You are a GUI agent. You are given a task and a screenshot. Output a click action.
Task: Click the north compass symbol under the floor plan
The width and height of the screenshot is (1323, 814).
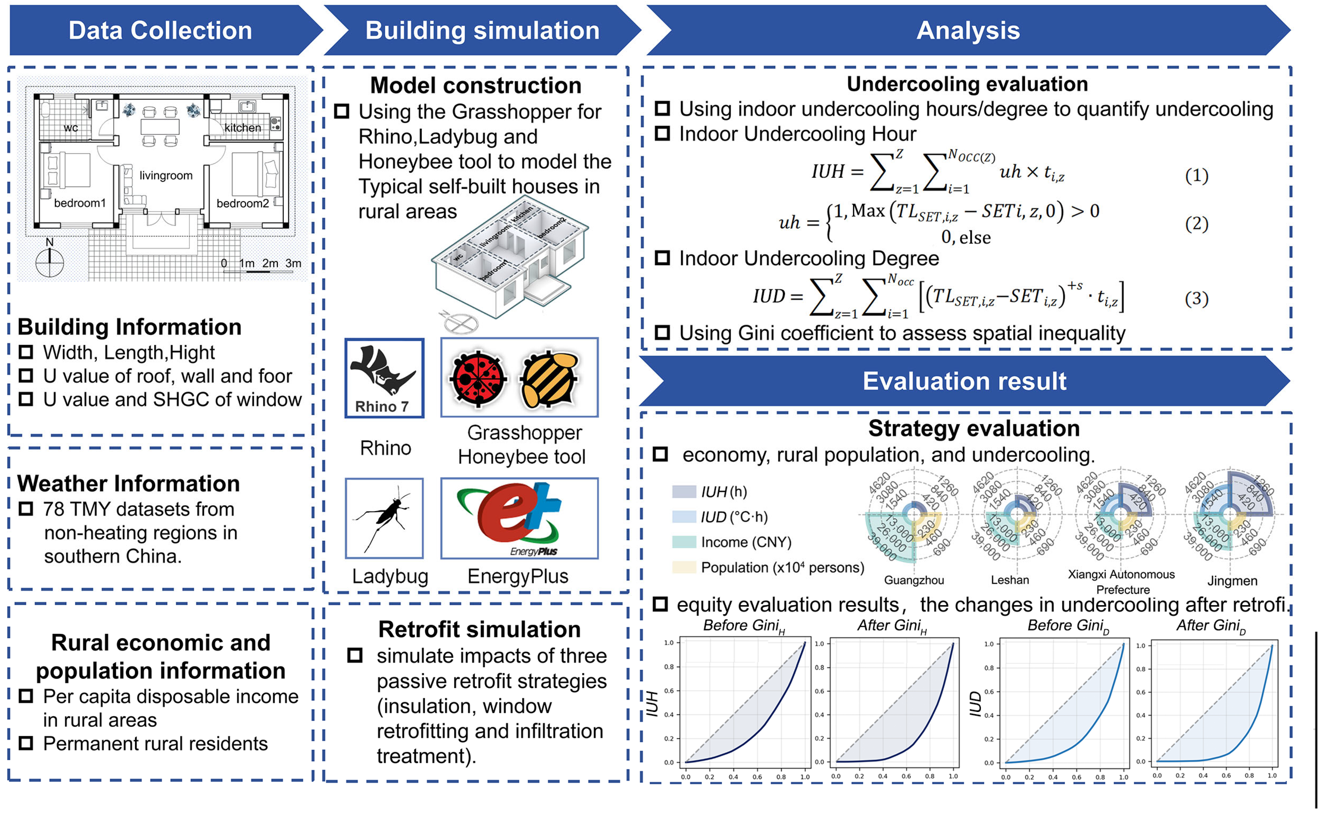(x=50, y=263)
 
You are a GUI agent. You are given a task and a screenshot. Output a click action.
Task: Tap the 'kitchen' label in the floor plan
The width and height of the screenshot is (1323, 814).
(x=242, y=128)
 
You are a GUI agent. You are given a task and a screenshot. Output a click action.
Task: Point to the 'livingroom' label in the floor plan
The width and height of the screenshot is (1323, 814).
(x=166, y=176)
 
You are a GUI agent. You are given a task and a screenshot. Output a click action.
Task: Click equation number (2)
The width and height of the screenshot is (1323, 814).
(x=1197, y=224)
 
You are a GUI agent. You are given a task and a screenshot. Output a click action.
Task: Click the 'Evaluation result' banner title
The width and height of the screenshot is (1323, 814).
(x=964, y=381)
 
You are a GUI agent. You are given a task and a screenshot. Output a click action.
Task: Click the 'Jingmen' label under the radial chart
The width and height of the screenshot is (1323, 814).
(x=1232, y=581)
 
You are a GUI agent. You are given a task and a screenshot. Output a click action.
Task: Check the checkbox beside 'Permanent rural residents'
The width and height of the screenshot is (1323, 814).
(x=26, y=743)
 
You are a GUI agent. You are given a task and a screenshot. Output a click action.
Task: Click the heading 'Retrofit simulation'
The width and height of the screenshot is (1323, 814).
(x=479, y=629)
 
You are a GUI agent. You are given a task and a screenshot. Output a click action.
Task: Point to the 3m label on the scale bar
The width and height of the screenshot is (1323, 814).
(x=293, y=263)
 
